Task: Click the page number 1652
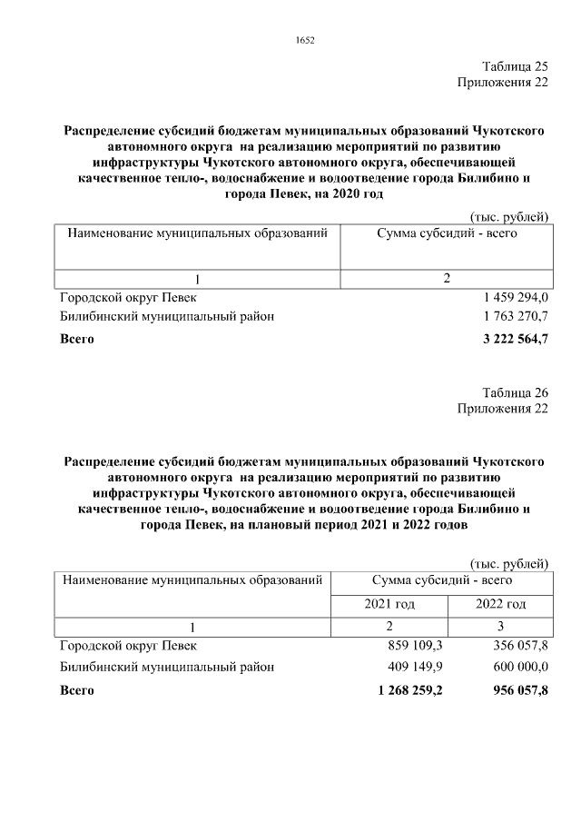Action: point(305,39)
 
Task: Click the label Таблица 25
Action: point(515,66)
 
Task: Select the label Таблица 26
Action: point(515,392)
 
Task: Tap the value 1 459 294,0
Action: point(517,297)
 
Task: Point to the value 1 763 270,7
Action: point(517,317)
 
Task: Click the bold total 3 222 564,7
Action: point(517,339)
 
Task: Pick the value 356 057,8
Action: point(517,646)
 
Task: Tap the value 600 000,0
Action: point(517,667)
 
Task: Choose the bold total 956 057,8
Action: point(516,689)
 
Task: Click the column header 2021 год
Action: point(389,604)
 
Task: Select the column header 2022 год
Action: point(500,604)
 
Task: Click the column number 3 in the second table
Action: point(499,626)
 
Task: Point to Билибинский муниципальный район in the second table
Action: point(166,667)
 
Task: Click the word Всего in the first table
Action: point(76,339)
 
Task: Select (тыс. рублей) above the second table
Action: point(509,564)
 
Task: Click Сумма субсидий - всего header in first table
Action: point(447,233)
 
